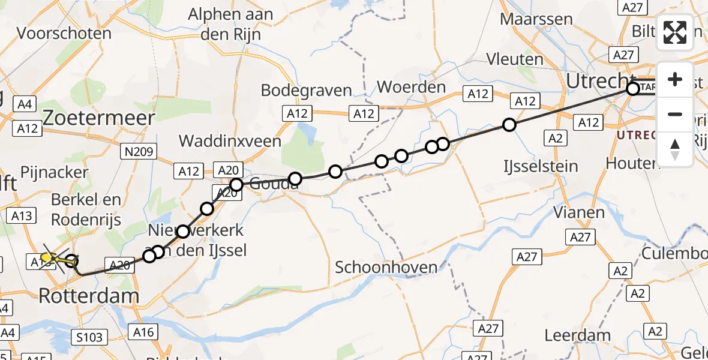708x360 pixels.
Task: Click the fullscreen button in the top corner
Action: pyautogui.click(x=675, y=32)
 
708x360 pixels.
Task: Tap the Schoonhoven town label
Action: pyautogui.click(x=386, y=267)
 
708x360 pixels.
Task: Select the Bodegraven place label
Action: pyautogui.click(x=306, y=91)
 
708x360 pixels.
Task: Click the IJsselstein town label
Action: pyautogui.click(x=541, y=166)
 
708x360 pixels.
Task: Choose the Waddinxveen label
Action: pyautogui.click(x=230, y=141)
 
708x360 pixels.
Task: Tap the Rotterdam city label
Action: pyautogui.click(x=89, y=295)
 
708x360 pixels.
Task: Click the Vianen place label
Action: pyautogui.click(x=578, y=212)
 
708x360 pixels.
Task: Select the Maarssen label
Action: pyautogui.click(x=536, y=19)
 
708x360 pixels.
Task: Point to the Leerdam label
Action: pyautogui.click(x=578, y=335)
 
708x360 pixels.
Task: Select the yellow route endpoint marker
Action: pyautogui.click(x=46, y=257)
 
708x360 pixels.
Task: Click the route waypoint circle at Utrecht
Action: pyautogui.click(x=632, y=89)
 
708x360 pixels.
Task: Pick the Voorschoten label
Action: pyautogui.click(x=64, y=33)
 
